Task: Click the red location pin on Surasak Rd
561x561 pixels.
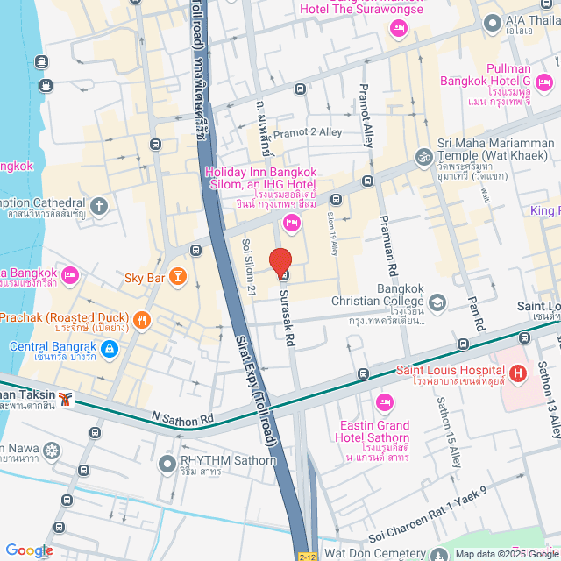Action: pyautogui.click(x=280, y=262)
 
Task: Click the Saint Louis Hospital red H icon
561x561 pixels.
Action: pyautogui.click(x=517, y=374)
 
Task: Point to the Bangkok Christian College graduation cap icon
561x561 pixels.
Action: pyautogui.click(x=437, y=302)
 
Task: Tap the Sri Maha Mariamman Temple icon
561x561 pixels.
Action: pyautogui.click(x=424, y=156)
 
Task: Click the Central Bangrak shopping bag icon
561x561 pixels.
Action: pyautogui.click(x=108, y=349)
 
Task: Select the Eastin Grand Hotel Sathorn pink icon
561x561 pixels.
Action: pyautogui.click(x=383, y=402)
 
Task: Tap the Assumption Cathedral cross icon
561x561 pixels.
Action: pyautogui.click(x=100, y=206)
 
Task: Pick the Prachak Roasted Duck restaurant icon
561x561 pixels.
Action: pyautogui.click(x=140, y=318)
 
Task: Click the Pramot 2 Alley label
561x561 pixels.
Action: pyautogui.click(x=307, y=132)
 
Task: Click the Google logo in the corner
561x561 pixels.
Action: pyautogui.click(x=29, y=550)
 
